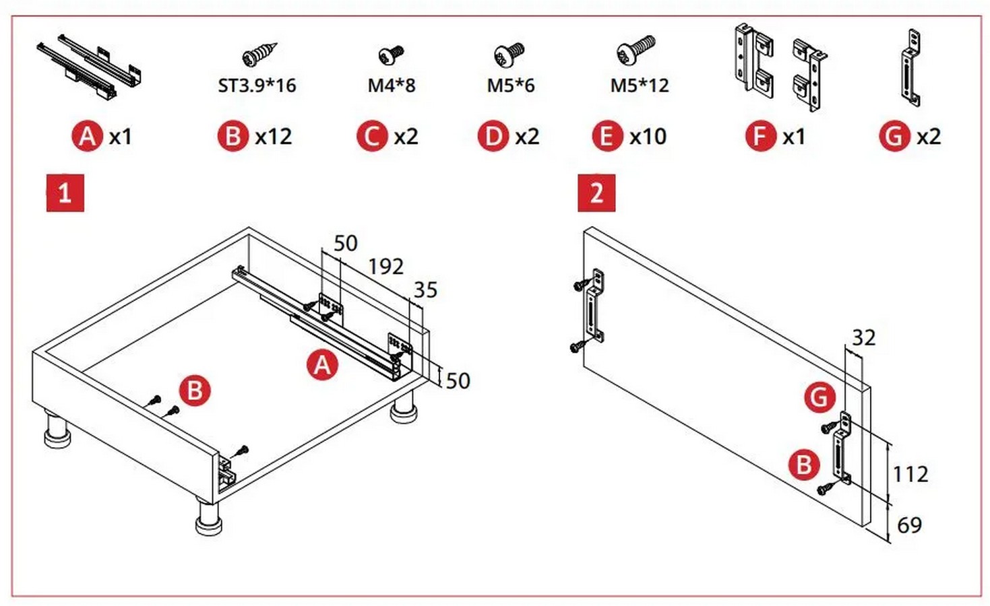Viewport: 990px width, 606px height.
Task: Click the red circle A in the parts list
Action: [x=87, y=137]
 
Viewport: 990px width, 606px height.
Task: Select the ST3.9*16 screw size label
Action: [x=257, y=86]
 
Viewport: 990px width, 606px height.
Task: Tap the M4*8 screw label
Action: [x=391, y=86]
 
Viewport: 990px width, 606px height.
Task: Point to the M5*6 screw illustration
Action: [x=509, y=54]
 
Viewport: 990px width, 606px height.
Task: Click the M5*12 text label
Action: [x=639, y=86]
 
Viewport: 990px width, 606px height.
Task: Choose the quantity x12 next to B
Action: [x=273, y=137]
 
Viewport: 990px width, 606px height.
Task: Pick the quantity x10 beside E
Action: [x=648, y=137]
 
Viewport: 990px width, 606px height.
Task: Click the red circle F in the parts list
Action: [x=760, y=137]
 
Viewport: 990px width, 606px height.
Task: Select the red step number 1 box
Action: [x=65, y=193]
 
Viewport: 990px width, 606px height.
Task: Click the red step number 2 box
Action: [x=596, y=193]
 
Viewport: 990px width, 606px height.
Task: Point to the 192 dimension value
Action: [x=385, y=267]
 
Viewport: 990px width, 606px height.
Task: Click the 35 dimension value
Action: [x=425, y=290]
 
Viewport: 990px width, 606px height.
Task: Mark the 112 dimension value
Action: [x=910, y=474]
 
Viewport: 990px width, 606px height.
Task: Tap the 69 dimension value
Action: [x=909, y=525]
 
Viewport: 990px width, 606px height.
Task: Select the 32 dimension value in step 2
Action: [x=863, y=337]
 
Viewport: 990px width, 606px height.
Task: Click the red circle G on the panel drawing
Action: [x=819, y=397]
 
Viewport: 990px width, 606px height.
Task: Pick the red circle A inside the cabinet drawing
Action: [x=322, y=365]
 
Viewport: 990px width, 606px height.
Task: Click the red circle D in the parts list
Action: [x=493, y=137]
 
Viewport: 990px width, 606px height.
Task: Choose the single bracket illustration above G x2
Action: [x=910, y=69]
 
